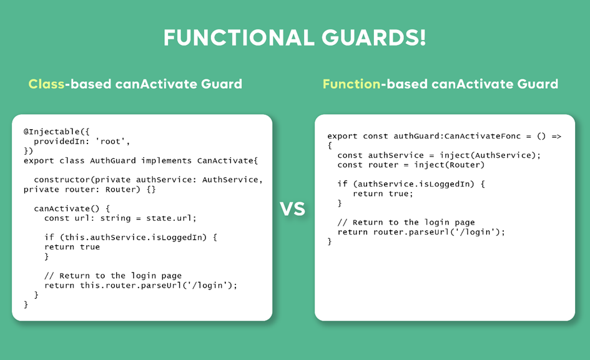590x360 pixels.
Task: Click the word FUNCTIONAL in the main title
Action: [239, 37]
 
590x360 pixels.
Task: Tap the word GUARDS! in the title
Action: [373, 37]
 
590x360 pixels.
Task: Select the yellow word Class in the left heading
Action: [46, 84]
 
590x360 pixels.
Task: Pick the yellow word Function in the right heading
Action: [352, 84]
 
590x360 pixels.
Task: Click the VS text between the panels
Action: [292, 209]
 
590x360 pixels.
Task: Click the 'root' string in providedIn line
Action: [111, 142]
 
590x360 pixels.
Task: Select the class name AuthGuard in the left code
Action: [113, 160]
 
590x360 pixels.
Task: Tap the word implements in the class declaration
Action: [166, 160]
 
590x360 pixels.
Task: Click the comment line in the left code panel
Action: [113, 276]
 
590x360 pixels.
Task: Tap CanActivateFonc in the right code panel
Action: [483, 136]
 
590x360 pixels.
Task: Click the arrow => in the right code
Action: [556, 136]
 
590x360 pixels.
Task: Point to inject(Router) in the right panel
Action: [450, 165]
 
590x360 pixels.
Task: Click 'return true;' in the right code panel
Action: [383, 194]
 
